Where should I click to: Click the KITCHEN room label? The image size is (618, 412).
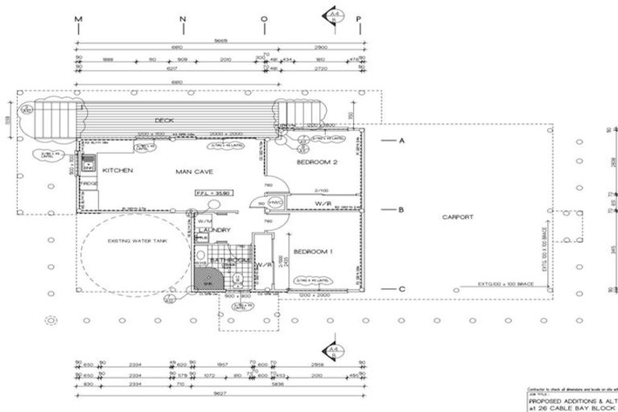pyautogui.click(x=117, y=171)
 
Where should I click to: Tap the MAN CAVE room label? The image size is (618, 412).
pyautogui.click(x=194, y=171)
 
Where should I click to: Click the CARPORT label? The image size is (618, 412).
pyautogui.click(x=458, y=217)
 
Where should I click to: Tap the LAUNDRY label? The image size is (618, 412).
pyautogui.click(x=215, y=231)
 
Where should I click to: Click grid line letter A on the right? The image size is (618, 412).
pyautogui.click(x=401, y=140)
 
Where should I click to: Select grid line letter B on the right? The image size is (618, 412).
pyautogui.click(x=401, y=211)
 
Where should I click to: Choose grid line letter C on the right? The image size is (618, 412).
pyautogui.click(x=401, y=287)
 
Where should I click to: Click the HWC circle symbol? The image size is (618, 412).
pyautogui.click(x=274, y=202)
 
